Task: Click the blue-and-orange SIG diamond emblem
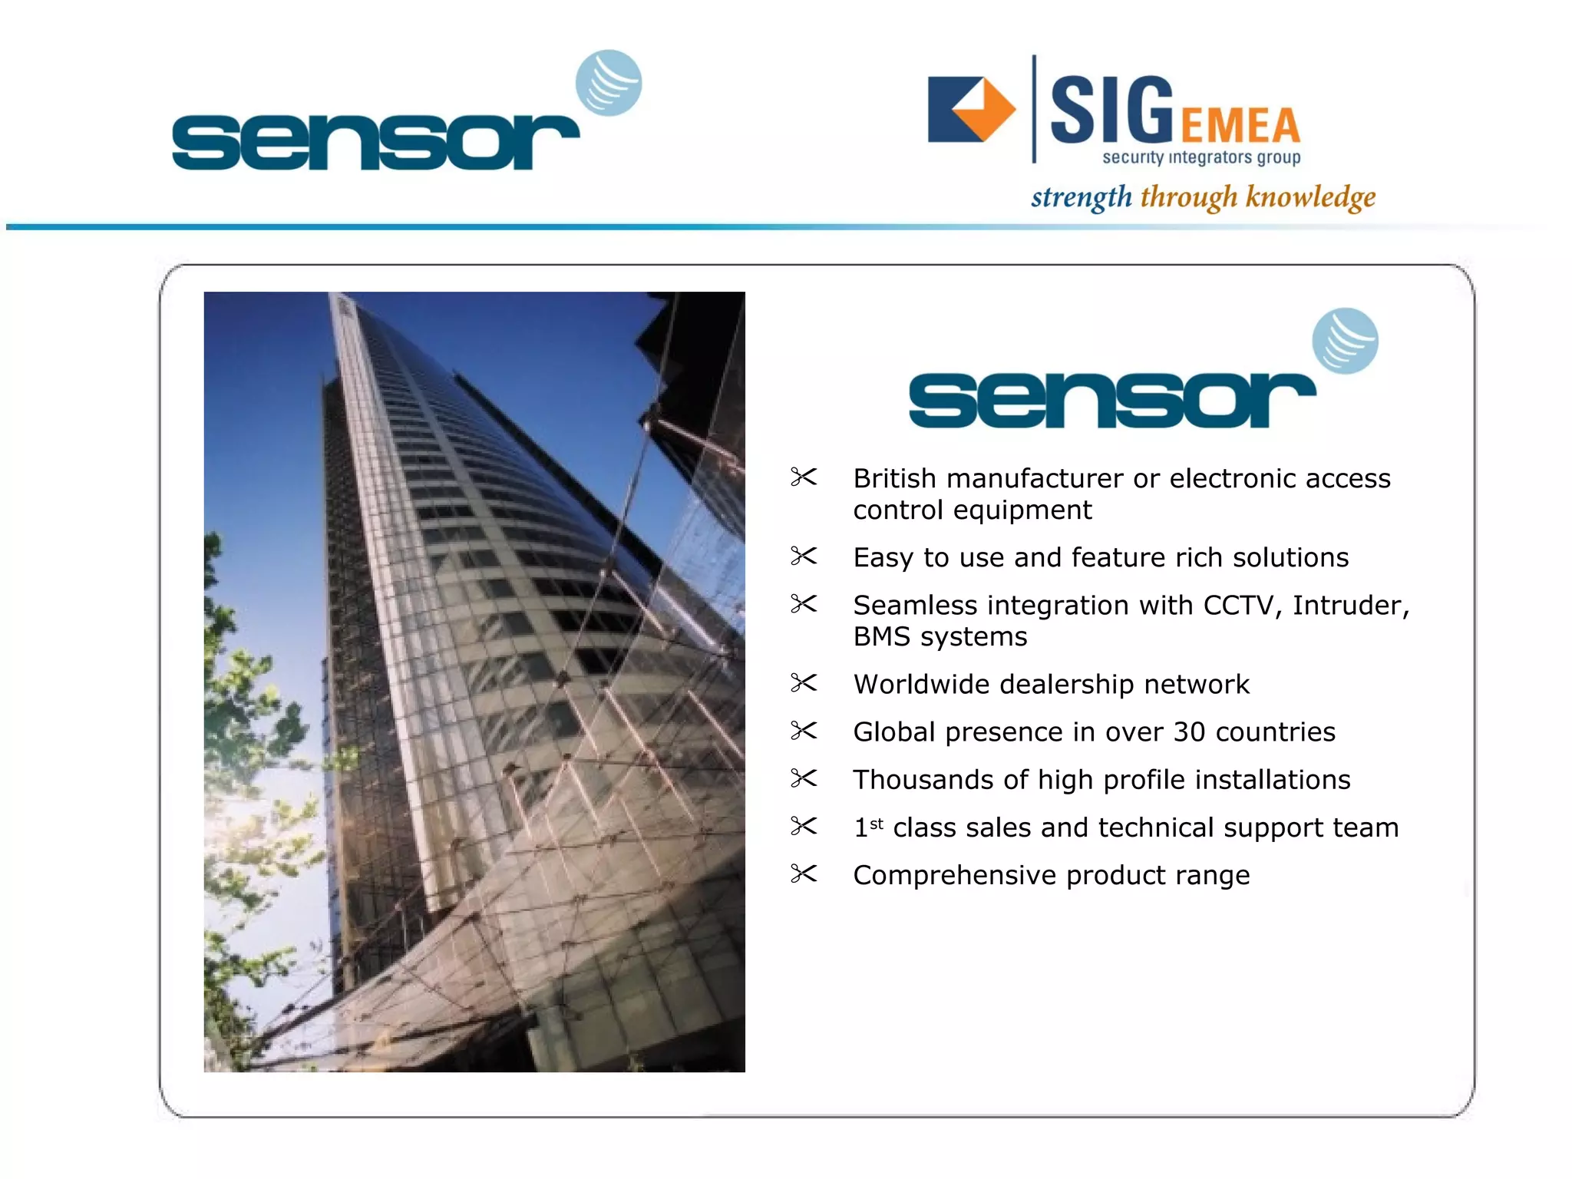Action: point(971,109)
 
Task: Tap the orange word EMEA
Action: point(1240,127)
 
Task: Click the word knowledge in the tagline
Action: point(1310,197)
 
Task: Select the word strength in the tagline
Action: point(1081,197)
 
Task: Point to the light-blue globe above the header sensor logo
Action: point(609,83)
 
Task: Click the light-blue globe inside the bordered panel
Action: point(1345,341)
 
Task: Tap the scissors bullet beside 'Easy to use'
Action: point(804,556)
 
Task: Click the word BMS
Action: point(881,637)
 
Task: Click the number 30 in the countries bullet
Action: point(1189,732)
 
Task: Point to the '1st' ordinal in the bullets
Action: point(868,827)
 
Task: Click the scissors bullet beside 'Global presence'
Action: point(804,731)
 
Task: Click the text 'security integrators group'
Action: point(1201,158)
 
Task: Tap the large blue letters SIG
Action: point(1111,111)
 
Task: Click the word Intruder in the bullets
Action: point(1350,606)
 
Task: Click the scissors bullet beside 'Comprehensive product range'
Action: point(804,874)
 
